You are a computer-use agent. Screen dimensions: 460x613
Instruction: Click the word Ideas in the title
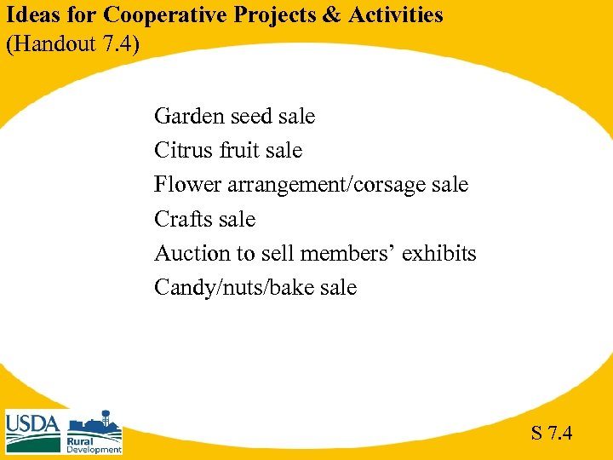click(30, 15)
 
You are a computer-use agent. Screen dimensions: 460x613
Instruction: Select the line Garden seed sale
click(234, 117)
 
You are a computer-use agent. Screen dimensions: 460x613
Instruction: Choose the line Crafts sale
click(204, 220)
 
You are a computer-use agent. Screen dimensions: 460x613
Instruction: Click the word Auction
click(192, 254)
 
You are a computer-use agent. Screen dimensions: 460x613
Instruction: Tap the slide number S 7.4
click(552, 434)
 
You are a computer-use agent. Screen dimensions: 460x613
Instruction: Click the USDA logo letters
click(32, 423)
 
